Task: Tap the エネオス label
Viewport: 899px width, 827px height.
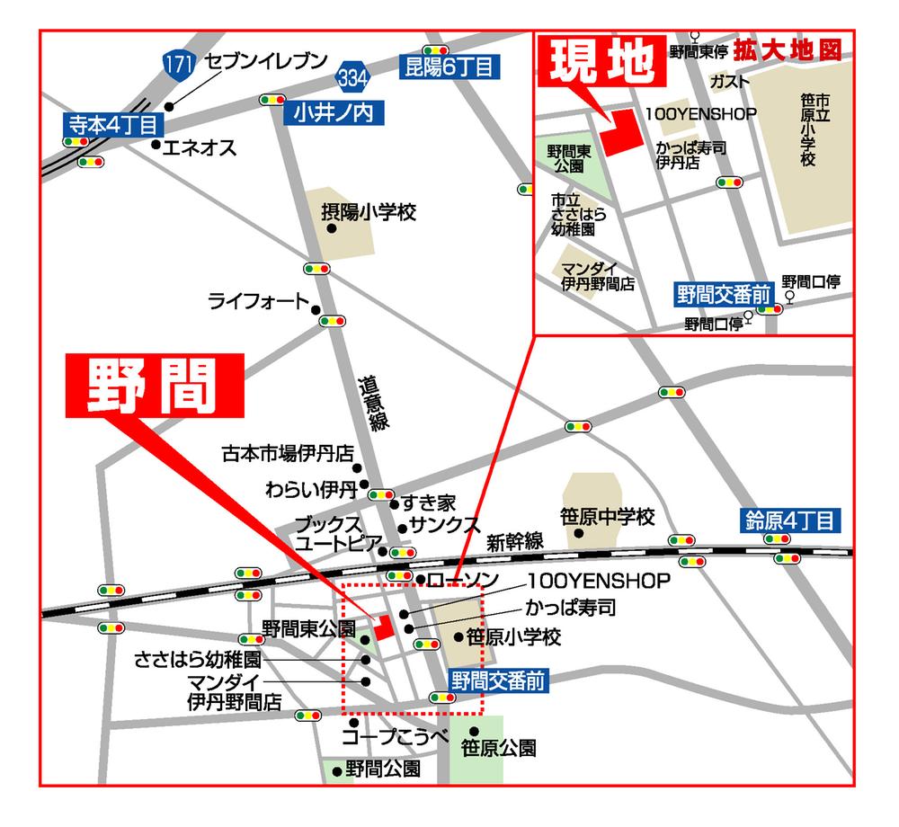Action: pyautogui.click(x=199, y=147)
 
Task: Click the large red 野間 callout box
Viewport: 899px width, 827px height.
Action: pyautogui.click(x=154, y=387)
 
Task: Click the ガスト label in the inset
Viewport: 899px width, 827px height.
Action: pyautogui.click(x=729, y=82)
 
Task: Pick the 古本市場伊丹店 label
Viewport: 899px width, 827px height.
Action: pyautogui.click(x=287, y=453)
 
